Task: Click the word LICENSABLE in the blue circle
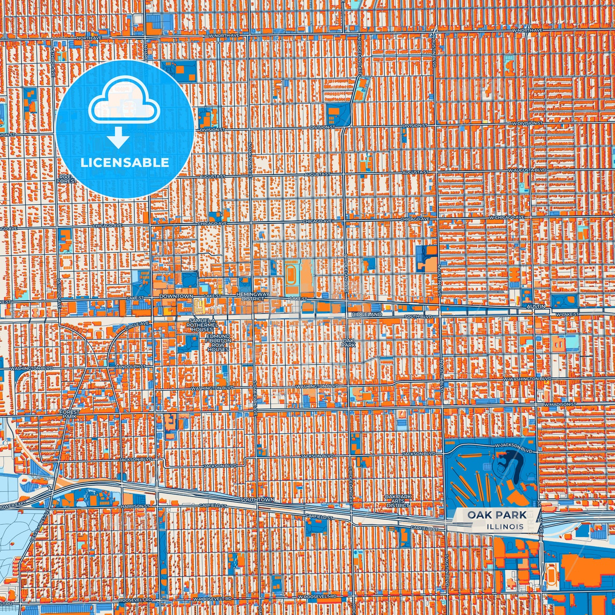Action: (x=124, y=163)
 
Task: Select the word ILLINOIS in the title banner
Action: (x=505, y=526)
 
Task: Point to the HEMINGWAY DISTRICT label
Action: (x=253, y=296)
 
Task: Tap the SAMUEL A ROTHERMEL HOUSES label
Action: (x=202, y=325)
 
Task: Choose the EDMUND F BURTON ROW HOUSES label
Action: (x=218, y=343)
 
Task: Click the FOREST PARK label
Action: (x=69, y=414)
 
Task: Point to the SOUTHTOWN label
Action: (x=257, y=499)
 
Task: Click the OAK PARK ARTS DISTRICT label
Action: (x=398, y=501)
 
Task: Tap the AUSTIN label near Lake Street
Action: (x=536, y=306)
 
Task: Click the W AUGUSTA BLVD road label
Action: (x=527, y=170)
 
